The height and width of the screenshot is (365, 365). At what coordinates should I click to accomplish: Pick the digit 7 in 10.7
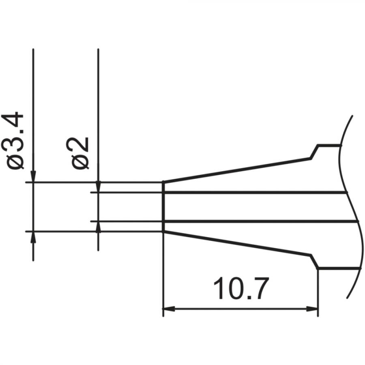pos(260,289)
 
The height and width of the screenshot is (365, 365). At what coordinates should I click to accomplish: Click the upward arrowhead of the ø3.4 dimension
pos(33,237)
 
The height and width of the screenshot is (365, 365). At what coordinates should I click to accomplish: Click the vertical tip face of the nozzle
pos(163,207)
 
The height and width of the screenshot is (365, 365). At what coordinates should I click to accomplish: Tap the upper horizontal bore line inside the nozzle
pos(255,192)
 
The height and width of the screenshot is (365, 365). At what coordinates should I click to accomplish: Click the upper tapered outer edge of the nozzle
pos(235,169)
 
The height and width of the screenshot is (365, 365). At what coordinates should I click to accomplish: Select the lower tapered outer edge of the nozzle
pos(235,243)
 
